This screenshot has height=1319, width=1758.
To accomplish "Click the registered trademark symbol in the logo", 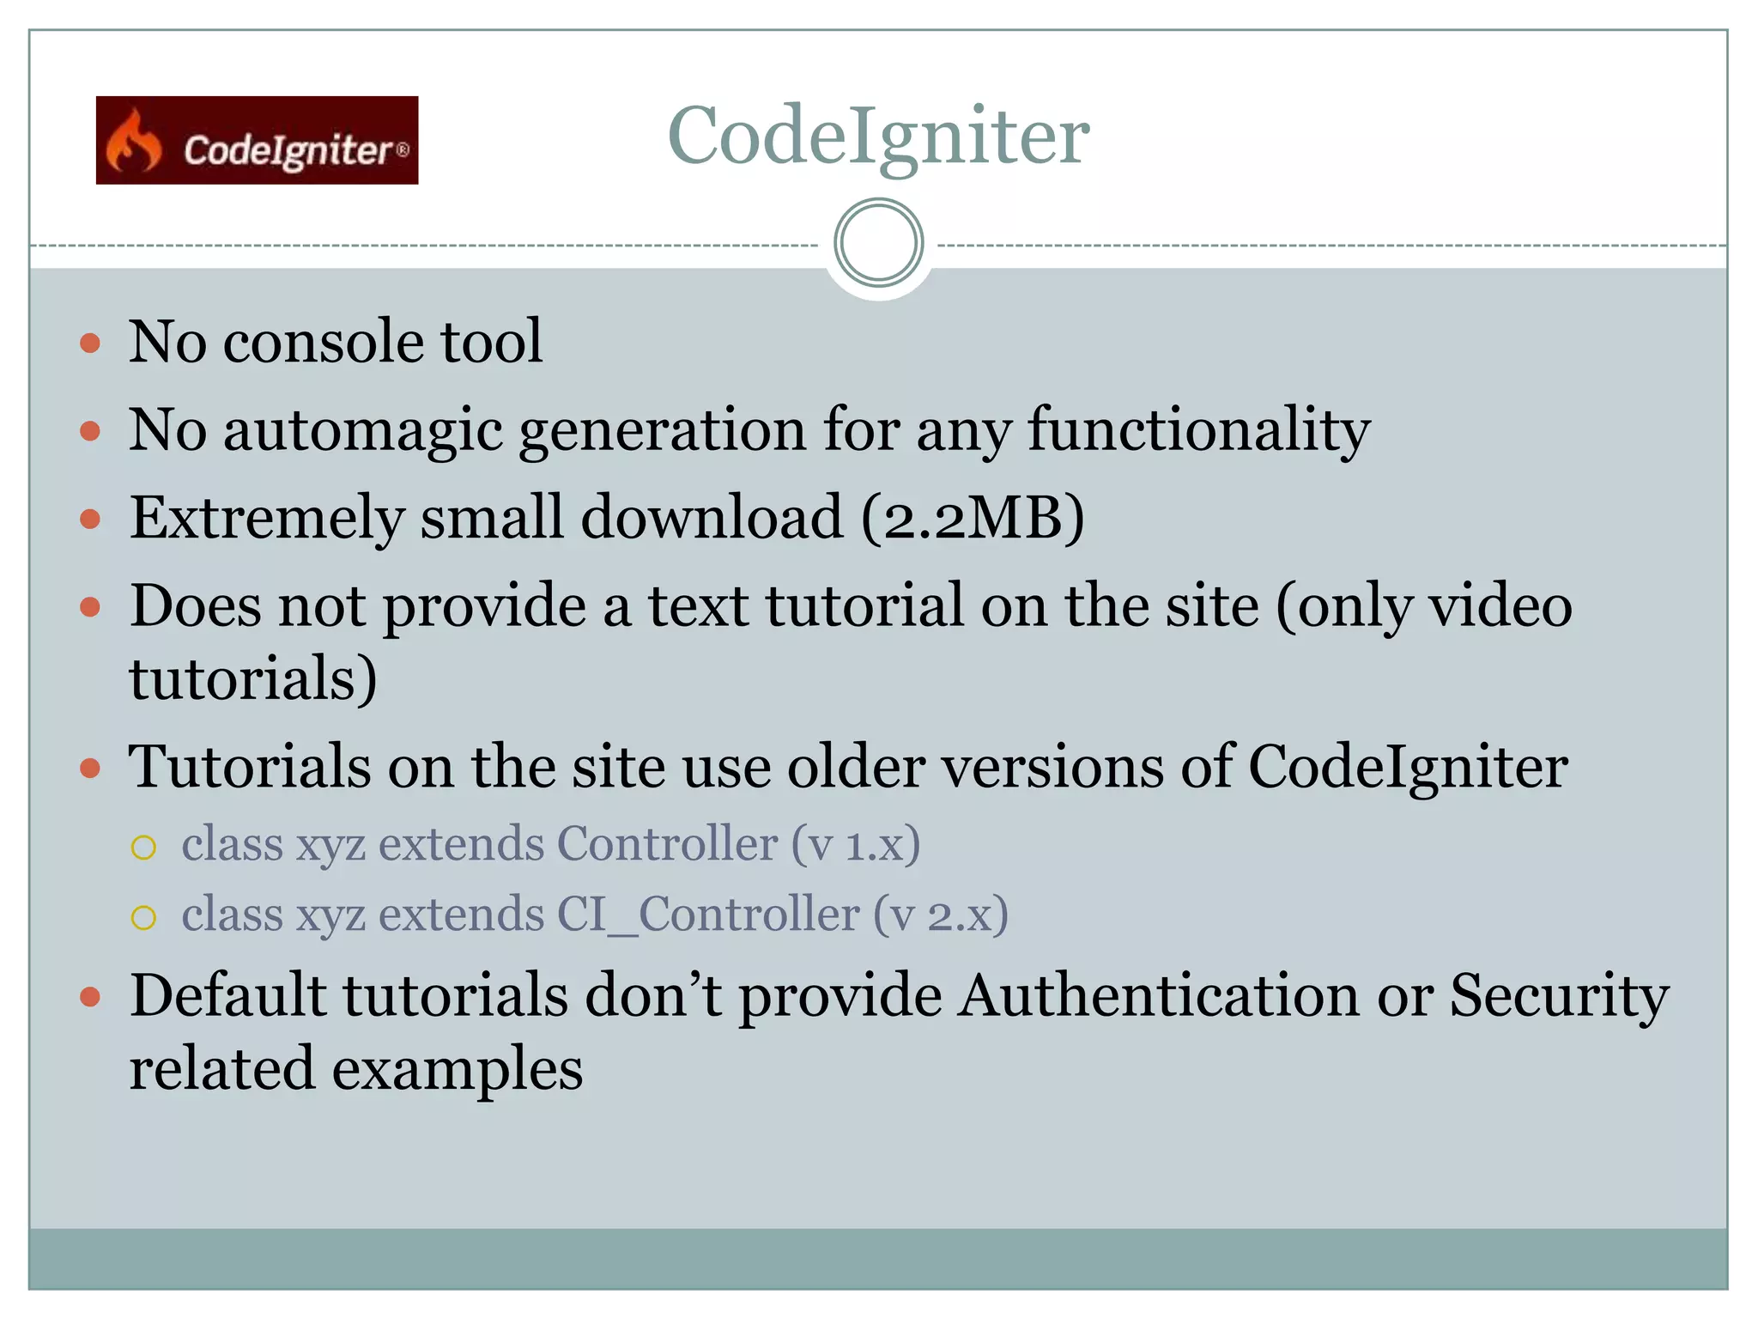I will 402,150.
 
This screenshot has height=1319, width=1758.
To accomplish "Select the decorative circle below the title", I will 878,243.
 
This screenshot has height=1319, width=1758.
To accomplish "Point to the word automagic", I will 362,430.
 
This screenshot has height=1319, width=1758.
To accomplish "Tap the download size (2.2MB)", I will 973,519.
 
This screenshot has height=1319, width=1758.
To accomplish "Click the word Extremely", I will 266,519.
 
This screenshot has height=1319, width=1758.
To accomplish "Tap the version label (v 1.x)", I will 855,844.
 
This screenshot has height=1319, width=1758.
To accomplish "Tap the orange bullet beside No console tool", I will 90,344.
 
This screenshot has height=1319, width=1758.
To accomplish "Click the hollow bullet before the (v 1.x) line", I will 143,848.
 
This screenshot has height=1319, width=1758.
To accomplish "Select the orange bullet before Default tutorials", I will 90,997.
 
